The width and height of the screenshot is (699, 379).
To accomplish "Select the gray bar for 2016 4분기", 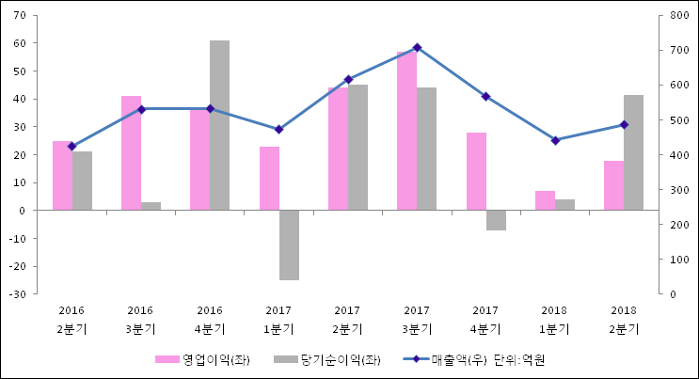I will [x=219, y=125].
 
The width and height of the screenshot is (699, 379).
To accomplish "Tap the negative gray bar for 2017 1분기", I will [x=289, y=245].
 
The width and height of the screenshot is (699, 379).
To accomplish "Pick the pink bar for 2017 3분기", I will [x=406, y=131].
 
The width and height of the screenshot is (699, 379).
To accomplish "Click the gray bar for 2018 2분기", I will [x=633, y=152].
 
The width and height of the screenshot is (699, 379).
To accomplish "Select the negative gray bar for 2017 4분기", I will [x=496, y=220].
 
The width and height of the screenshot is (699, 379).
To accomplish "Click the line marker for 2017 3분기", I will [x=417, y=47].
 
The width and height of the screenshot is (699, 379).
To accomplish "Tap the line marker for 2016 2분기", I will [x=71, y=147].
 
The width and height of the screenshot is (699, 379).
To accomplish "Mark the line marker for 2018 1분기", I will [x=555, y=140].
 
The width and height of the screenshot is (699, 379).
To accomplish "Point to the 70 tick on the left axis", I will [x=20, y=15].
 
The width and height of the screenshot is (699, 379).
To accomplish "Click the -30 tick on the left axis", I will [x=18, y=294].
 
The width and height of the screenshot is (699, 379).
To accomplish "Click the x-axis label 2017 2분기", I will [x=347, y=319].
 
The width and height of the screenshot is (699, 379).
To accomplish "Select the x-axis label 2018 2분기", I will [x=623, y=319].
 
